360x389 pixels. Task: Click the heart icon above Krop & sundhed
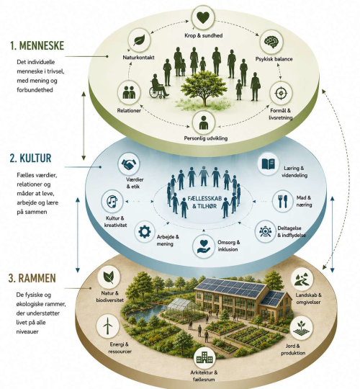(x=203, y=18)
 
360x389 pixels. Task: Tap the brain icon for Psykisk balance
(x=271, y=41)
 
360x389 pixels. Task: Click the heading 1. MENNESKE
(x=37, y=46)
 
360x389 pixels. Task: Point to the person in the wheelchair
(x=158, y=86)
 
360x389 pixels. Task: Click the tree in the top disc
(x=204, y=88)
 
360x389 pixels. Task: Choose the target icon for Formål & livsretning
(x=281, y=93)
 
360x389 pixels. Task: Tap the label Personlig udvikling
(x=205, y=138)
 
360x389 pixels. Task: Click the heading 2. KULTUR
(x=30, y=158)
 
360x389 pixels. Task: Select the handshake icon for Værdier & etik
(x=129, y=164)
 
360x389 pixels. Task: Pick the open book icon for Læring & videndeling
(x=269, y=164)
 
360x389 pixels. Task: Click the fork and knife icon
(x=283, y=201)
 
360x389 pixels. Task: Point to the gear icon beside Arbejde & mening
(x=145, y=232)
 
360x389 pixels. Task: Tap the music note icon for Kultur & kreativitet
(x=112, y=201)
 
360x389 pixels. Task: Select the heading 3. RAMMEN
(x=32, y=278)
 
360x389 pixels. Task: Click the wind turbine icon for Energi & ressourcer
(x=107, y=325)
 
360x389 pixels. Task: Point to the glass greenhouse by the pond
(x=182, y=310)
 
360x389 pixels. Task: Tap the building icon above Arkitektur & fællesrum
(x=204, y=359)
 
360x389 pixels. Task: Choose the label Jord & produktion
(x=293, y=349)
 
